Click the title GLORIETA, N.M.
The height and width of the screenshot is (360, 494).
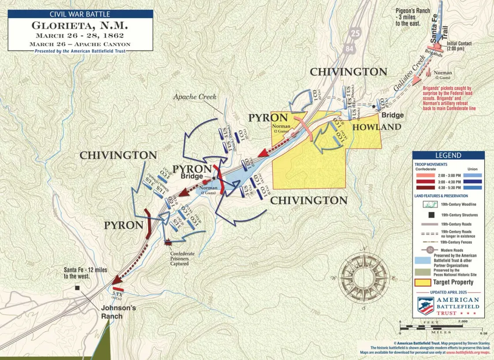pyautogui.click(x=80, y=25)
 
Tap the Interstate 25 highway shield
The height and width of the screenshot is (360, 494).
pyautogui.click(x=355, y=32)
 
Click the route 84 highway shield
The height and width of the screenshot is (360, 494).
pyautogui.click(x=349, y=48)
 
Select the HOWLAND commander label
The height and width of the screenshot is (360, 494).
pyautogui.click(x=376, y=127)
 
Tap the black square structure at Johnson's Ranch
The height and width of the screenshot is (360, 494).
pyautogui.click(x=78, y=288)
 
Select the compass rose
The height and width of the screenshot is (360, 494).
pyautogui.click(x=364, y=278)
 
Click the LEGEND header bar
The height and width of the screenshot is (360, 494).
pyautogui.click(x=448, y=156)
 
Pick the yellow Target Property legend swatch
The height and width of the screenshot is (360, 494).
pyautogui.click(x=422, y=282)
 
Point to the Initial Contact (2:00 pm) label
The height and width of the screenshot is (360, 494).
pyautogui.click(x=459, y=46)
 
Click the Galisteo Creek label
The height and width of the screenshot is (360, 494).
pyautogui.click(x=402, y=81)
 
